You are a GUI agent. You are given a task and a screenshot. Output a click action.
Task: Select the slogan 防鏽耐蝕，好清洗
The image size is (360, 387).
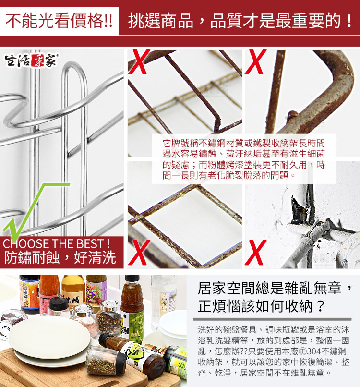pyautogui.click(x=60, y=258)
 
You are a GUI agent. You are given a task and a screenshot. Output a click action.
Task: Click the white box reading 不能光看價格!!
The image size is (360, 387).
pyautogui.click(x=59, y=21)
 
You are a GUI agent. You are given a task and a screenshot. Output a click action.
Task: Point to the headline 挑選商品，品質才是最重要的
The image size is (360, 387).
pyautogui.click(x=240, y=21)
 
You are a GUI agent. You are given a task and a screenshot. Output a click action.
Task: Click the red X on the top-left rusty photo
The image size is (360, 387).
pyautogui.click(x=139, y=62)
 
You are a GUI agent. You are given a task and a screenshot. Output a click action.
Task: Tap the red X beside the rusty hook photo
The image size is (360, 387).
pyautogui.click(x=256, y=62)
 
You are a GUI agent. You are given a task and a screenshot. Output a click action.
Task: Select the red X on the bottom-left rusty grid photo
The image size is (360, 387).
pyautogui.click(x=139, y=253)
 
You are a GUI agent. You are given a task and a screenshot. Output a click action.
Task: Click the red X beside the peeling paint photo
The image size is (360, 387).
pyautogui.click(x=256, y=253)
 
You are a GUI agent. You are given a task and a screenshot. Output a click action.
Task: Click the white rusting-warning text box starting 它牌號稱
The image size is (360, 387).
pyautogui.click(x=243, y=159)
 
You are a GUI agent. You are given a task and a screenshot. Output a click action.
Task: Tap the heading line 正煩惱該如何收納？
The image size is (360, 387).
pyautogui.click(x=262, y=306)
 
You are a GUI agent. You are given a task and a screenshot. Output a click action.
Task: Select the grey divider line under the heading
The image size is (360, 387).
pyautogui.click(x=273, y=319)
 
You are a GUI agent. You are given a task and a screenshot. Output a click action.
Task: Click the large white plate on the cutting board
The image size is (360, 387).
pyautogui.click(x=49, y=338)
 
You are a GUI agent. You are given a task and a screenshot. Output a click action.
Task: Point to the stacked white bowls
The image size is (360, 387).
pyautogui.click(x=173, y=325)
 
